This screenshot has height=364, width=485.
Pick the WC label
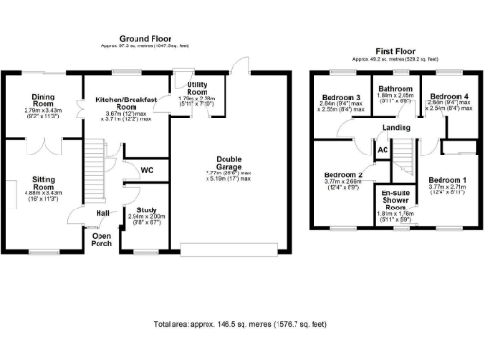pos(147,170)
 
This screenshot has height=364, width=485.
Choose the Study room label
pos(146,209)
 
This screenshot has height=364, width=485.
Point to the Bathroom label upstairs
pos(394,88)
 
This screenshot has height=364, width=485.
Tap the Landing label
pos(396,128)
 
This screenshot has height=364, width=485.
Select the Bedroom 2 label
pos(343,175)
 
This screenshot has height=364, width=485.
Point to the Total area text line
pos(242,324)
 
